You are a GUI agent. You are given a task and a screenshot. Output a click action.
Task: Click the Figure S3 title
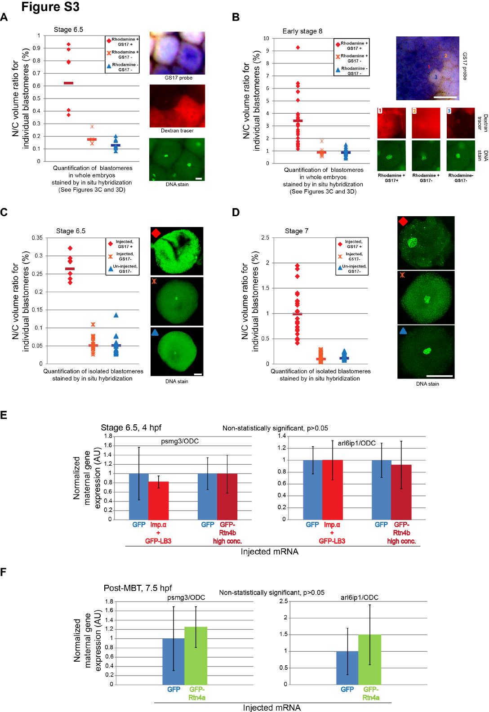coord(51,8)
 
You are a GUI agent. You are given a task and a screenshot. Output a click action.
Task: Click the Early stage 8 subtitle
coord(302,31)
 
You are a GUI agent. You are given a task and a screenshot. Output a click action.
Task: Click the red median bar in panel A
coord(69,83)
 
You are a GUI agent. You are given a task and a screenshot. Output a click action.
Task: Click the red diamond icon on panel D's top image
coord(403,222)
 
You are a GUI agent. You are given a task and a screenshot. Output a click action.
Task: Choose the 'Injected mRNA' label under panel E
coord(269,551)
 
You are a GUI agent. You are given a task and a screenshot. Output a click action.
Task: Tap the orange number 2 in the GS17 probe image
coord(445,55)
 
